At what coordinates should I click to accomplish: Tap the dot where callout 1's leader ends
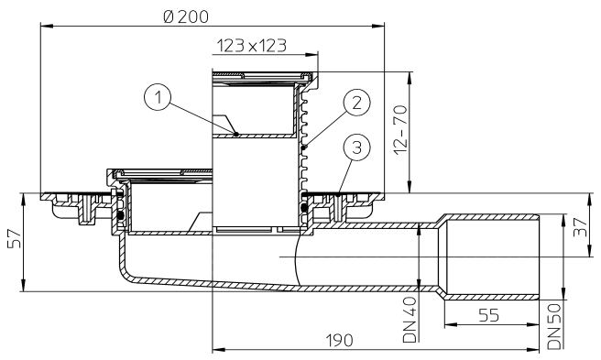[236, 134]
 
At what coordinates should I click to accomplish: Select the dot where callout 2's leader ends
[305, 145]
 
